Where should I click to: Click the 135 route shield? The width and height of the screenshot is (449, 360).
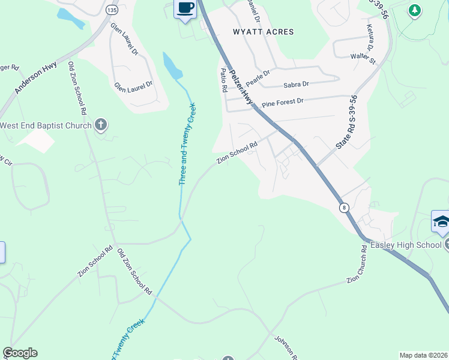[110, 10]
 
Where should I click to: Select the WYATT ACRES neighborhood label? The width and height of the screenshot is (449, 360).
[264, 32]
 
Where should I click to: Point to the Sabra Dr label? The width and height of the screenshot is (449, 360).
[296, 85]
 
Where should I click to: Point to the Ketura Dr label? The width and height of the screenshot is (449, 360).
[370, 38]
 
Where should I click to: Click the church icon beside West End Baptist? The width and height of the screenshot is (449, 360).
[101, 125]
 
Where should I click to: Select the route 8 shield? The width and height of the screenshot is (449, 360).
[343, 208]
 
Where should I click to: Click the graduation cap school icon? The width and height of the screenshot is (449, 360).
[441, 222]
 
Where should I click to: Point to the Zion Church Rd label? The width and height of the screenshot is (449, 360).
[364, 271]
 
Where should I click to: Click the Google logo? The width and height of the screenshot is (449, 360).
[20, 353]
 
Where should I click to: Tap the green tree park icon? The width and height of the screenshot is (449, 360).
[414, 10]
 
